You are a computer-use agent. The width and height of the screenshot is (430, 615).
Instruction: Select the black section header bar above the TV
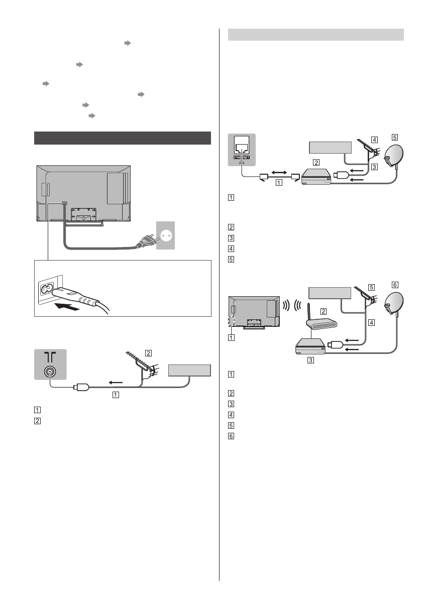click(x=122, y=138)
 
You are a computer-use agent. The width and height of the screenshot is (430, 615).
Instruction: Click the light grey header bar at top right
click(x=316, y=35)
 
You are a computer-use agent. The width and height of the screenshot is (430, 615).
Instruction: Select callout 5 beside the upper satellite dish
click(x=394, y=137)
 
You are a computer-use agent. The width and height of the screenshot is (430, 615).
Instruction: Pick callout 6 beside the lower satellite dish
click(x=394, y=284)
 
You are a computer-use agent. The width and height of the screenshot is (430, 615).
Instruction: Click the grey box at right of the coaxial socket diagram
click(x=189, y=370)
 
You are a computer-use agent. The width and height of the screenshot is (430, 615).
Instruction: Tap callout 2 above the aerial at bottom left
click(x=149, y=352)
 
